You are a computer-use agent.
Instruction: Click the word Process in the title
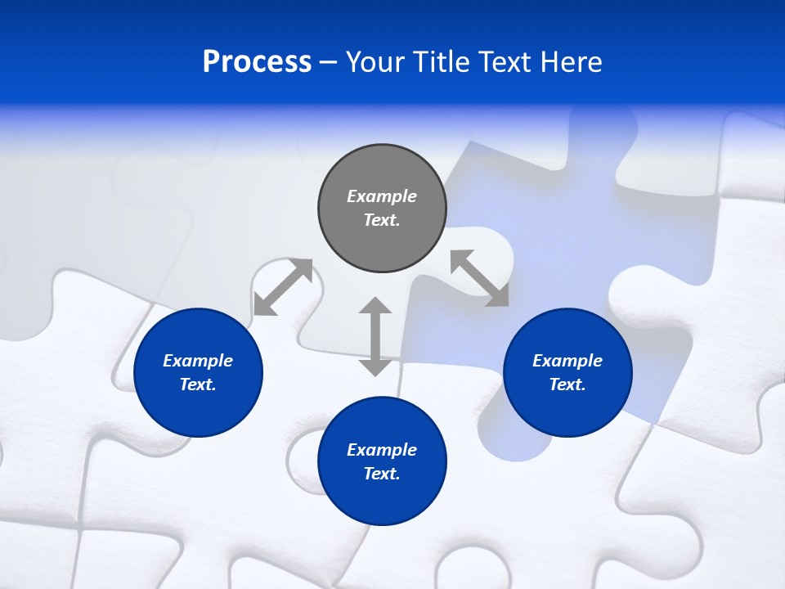[257, 62]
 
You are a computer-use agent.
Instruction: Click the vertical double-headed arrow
[375, 336]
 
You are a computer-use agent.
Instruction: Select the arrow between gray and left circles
[283, 286]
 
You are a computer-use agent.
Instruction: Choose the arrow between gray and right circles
[479, 278]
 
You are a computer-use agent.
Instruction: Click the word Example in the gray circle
[382, 196]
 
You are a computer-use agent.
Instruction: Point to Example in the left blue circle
[198, 361]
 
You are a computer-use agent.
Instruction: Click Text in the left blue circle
[198, 384]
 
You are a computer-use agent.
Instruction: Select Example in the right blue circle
[567, 361]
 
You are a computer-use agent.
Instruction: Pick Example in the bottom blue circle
[382, 450]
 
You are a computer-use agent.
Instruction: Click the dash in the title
[329, 62]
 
